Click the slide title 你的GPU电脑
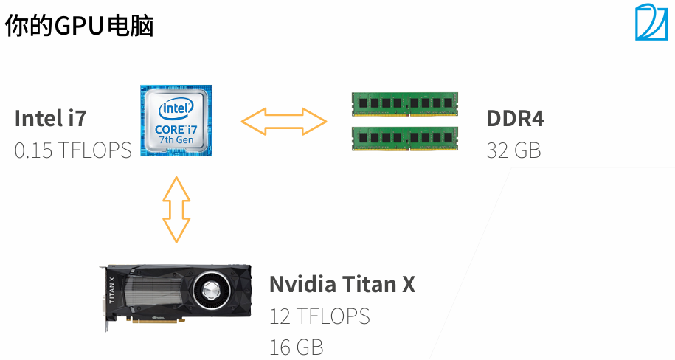pos(80,27)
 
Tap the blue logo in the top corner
pos(650,22)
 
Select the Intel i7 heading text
pos(50,118)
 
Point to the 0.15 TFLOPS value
pos(73,150)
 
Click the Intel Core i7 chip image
pos(176,122)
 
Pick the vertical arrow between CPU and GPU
pos(176,210)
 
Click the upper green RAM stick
pos(404,103)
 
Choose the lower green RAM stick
pos(404,137)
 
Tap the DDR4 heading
pos(515,118)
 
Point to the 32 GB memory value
pos(513,150)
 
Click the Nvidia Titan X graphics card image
pos(177,294)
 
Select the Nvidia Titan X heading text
pos(342,284)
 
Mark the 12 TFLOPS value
pos(319,316)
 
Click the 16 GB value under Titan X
pos(297,347)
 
